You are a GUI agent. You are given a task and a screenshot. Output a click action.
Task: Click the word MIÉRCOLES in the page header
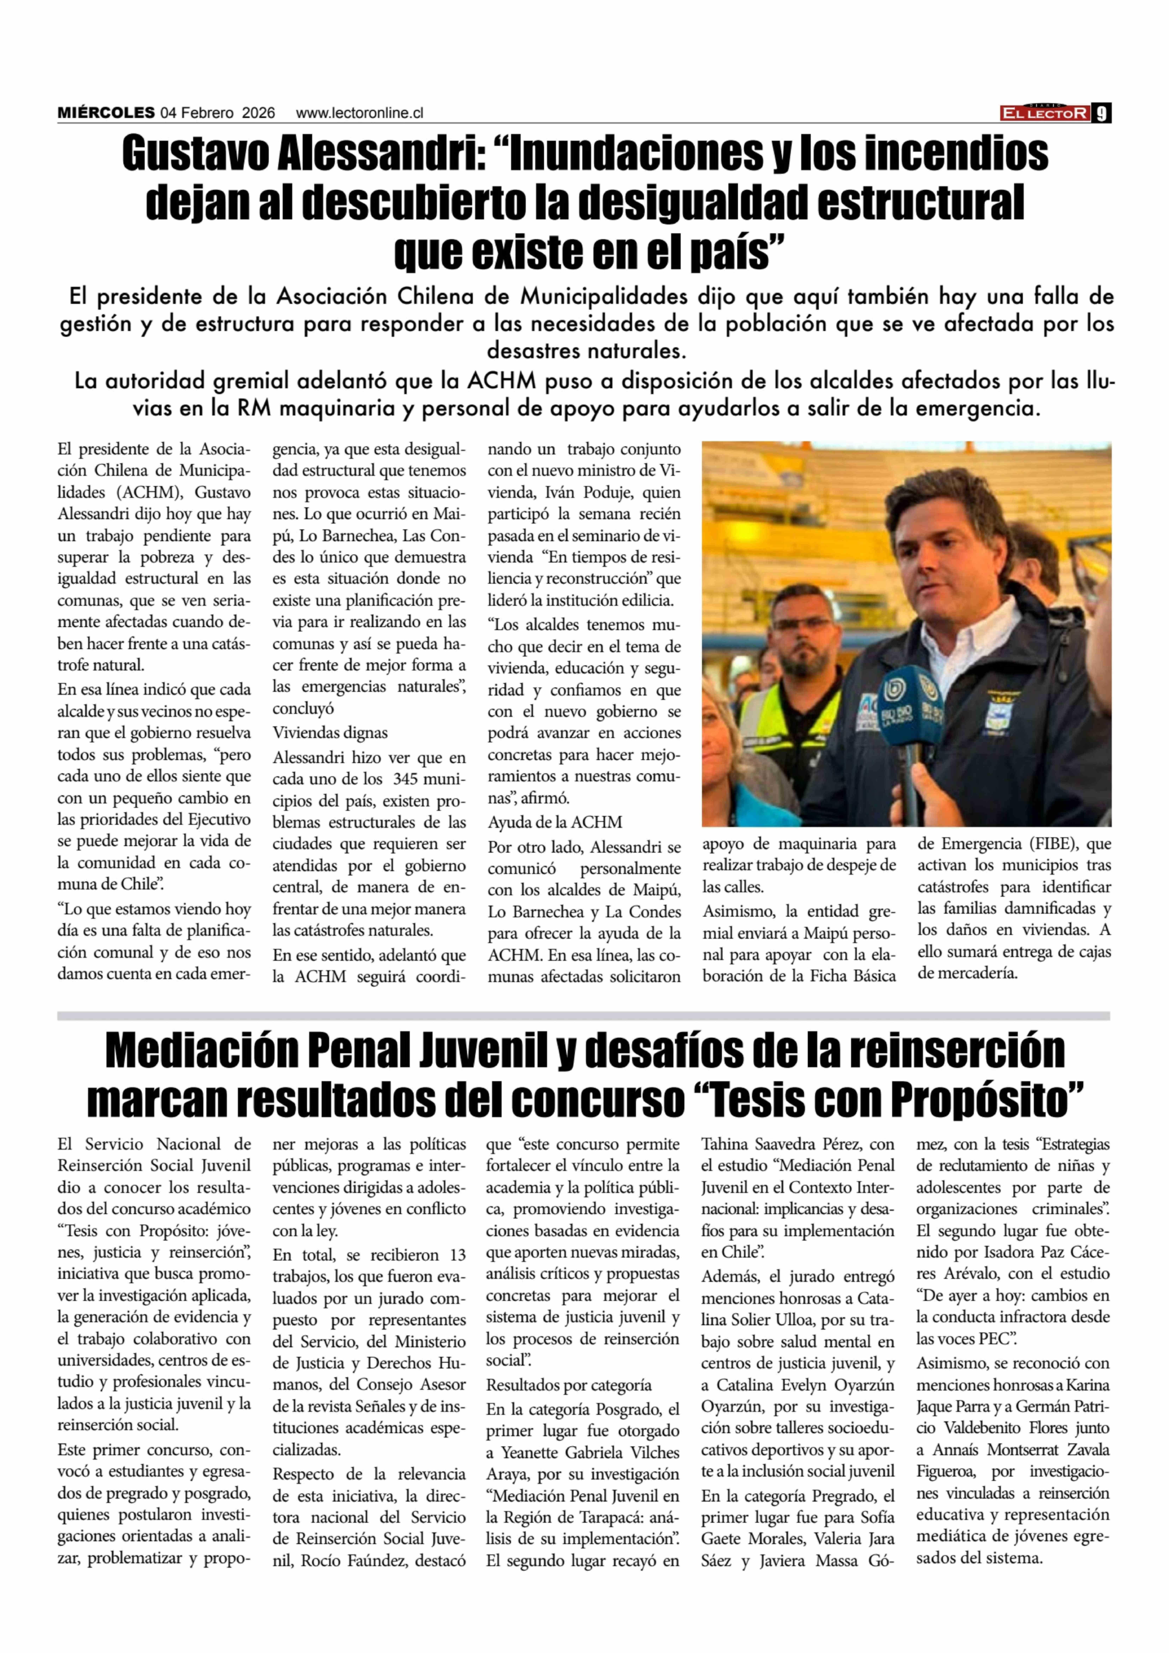point(106,113)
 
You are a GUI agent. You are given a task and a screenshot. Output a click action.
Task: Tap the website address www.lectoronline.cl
point(359,113)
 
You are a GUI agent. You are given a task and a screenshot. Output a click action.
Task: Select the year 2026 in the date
point(258,113)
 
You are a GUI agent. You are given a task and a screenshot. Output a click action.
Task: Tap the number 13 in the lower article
point(457,1255)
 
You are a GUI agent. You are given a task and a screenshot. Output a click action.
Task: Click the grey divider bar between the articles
point(583,1016)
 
